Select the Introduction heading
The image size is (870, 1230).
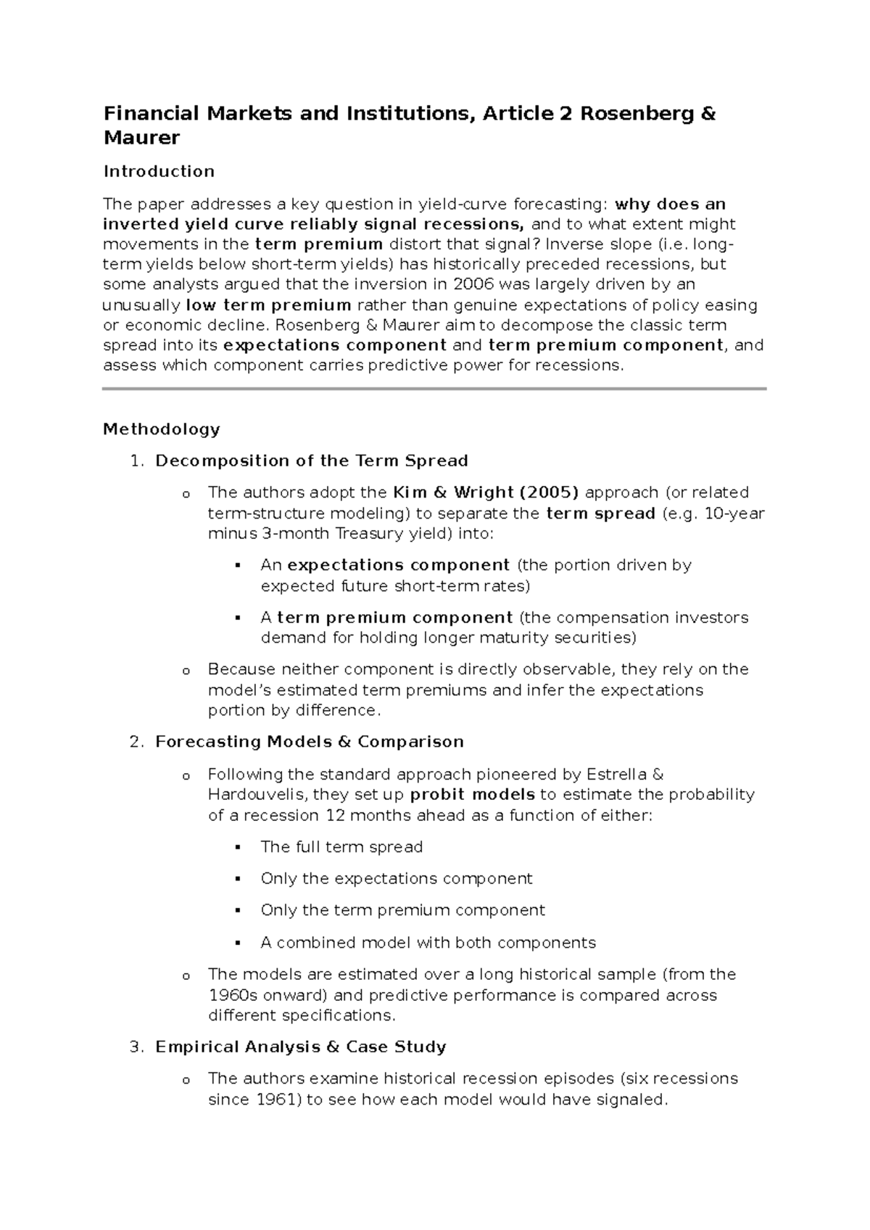click(159, 171)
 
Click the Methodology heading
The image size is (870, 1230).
click(161, 429)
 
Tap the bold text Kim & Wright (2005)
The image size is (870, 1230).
click(485, 492)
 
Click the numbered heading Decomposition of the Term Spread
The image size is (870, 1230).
click(312, 461)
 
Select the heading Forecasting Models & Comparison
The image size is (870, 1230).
click(310, 742)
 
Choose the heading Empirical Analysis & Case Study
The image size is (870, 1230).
click(301, 1047)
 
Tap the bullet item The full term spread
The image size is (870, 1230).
click(341, 847)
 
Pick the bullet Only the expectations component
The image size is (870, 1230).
click(397, 879)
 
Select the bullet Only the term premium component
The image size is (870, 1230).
click(402, 910)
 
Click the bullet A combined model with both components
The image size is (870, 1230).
click(428, 943)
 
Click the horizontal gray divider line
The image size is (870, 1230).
click(434, 389)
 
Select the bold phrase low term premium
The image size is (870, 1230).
click(269, 305)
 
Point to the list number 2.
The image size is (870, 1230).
click(134, 742)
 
